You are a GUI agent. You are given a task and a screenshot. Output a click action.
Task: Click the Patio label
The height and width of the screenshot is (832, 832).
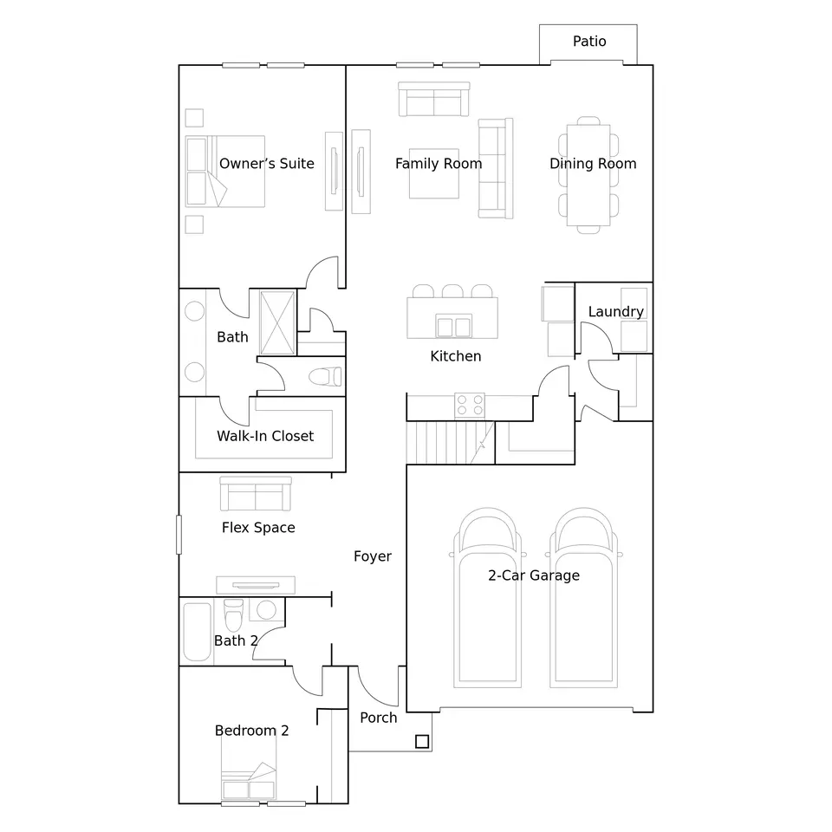[x=589, y=41]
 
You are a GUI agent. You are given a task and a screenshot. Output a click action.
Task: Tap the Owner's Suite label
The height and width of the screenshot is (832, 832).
[x=266, y=164]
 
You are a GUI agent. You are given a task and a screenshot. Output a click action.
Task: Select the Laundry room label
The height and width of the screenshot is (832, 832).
[x=615, y=311]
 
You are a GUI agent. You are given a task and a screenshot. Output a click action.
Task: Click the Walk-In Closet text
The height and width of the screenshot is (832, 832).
[x=265, y=436]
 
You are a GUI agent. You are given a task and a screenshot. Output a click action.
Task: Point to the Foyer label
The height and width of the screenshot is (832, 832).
[x=373, y=556]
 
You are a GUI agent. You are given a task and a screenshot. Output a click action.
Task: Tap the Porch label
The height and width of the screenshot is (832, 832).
[x=379, y=718]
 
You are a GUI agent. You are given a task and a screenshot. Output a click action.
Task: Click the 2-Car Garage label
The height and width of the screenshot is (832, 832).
[x=534, y=575]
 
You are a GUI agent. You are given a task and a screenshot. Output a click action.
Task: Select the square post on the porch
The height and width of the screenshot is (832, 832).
[x=422, y=741]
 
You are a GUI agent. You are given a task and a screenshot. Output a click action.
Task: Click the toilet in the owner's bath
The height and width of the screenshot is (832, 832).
[x=325, y=377]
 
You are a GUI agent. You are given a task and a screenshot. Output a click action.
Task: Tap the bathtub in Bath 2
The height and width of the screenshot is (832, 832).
[x=197, y=632]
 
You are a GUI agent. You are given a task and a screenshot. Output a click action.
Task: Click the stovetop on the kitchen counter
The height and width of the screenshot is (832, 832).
[x=470, y=406]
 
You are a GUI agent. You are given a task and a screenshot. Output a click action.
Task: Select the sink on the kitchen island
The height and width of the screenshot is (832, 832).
[x=453, y=327]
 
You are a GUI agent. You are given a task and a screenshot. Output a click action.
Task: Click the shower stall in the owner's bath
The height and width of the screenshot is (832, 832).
[x=277, y=322]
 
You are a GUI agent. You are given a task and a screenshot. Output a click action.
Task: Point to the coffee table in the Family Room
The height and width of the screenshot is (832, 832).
[x=433, y=173]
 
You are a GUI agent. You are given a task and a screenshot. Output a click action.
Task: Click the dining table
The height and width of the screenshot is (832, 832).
[x=588, y=175]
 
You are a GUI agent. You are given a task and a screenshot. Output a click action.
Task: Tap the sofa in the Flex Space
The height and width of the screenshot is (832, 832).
[x=255, y=493]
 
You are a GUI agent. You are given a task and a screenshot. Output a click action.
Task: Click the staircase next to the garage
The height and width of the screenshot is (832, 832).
[x=451, y=443]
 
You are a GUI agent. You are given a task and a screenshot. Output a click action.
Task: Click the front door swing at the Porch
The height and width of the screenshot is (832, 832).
[x=377, y=686]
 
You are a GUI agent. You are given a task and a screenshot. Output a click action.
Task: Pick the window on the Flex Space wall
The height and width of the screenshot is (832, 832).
[x=179, y=535]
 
